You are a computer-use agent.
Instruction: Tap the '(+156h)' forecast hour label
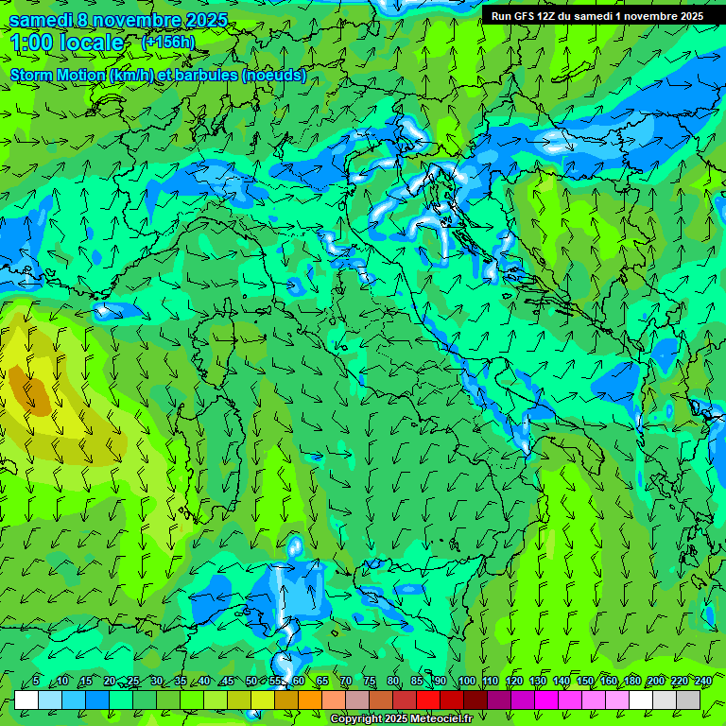167,43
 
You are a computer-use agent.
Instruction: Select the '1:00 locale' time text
66,43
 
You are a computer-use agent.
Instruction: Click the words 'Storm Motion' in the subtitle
58,76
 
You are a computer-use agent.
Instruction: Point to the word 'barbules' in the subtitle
212,76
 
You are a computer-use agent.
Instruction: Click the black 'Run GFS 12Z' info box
596,16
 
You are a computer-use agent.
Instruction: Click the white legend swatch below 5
26,700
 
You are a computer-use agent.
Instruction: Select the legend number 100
466,682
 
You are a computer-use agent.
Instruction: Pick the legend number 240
703,682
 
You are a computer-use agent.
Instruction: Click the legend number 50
251,682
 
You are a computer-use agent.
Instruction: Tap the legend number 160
608,682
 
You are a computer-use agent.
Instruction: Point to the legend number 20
109,682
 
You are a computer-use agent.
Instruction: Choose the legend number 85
417,682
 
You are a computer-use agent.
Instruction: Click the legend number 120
513,682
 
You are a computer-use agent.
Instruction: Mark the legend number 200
656,682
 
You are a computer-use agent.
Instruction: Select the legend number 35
180,682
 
